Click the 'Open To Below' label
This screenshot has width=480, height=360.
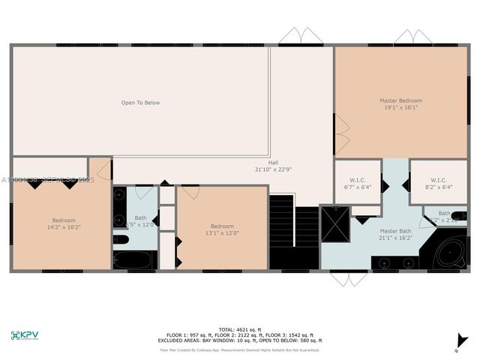click(141, 103)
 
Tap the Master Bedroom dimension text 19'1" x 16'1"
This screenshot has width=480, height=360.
click(400, 107)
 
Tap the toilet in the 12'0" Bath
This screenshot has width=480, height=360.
click(121, 240)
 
